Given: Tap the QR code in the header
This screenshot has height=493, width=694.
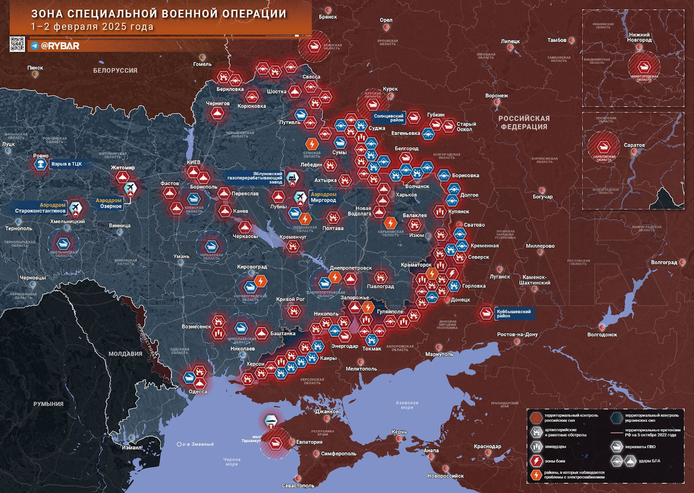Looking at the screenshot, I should point(17,45).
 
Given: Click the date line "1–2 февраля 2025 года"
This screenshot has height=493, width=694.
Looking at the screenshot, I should point(93,27).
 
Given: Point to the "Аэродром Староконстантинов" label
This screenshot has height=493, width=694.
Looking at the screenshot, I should point(40,208).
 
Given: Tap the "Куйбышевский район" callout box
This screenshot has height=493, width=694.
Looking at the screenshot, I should point(514,313).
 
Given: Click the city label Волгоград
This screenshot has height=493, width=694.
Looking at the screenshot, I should point(663,262).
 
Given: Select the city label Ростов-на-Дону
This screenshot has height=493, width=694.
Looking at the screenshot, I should point(518,335).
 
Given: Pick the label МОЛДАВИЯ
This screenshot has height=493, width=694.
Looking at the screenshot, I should point(125,354).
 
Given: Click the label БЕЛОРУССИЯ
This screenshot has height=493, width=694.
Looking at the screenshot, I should point(115,70).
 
